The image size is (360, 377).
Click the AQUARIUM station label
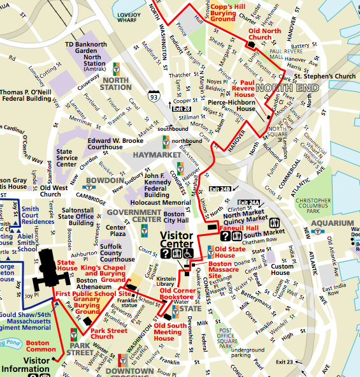(x=332, y=223)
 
